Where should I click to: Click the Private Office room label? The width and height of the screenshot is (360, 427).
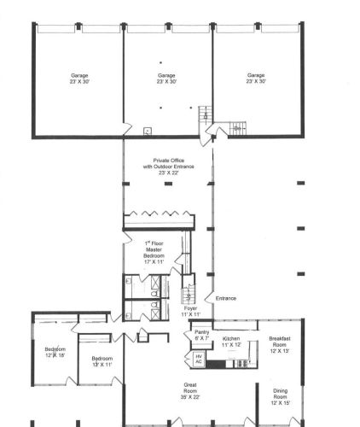pyautogui.click(x=168, y=167)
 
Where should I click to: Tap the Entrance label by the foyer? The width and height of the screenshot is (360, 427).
pyautogui.click(x=226, y=298)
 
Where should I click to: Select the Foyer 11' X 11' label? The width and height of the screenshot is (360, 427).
pyautogui.click(x=190, y=312)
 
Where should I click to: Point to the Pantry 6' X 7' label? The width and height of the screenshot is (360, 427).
pyautogui.click(x=202, y=335)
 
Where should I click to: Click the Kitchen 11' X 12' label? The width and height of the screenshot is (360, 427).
pyautogui.click(x=231, y=342)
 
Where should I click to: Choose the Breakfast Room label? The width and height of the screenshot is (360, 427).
pyautogui.click(x=280, y=345)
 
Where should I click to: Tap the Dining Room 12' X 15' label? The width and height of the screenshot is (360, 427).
pyautogui.click(x=280, y=397)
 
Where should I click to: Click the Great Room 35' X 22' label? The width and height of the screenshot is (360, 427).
pyautogui.click(x=190, y=391)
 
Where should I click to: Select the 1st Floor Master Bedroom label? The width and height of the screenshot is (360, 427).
pyautogui.click(x=154, y=253)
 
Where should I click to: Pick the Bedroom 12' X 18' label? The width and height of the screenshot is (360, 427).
pyautogui.click(x=55, y=352)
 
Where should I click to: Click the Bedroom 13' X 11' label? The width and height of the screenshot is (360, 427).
pyautogui.click(x=102, y=361)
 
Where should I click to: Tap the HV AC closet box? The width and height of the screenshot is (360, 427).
pyautogui.click(x=199, y=359)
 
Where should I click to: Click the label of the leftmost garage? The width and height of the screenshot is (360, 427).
pyautogui.click(x=79, y=79)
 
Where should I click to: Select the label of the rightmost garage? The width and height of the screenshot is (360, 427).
pyautogui.click(x=256, y=78)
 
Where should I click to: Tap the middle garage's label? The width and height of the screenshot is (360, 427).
pyautogui.click(x=166, y=79)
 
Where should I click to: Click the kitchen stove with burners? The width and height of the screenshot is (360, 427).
pyautogui.click(x=242, y=364)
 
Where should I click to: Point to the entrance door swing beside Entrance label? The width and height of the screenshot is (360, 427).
pyautogui.click(x=209, y=297)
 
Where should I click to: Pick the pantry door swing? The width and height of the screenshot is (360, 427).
pyautogui.click(x=188, y=335)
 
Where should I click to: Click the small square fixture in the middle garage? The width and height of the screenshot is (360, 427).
pyautogui.click(x=148, y=132)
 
